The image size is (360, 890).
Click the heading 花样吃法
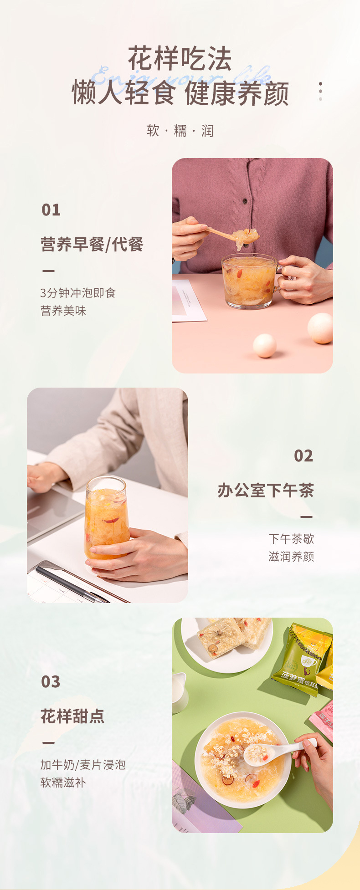(x=180, y=58)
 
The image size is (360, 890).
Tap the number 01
(x=51, y=210)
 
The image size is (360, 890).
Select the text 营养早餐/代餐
(x=92, y=245)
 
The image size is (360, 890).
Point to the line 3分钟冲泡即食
(x=78, y=293)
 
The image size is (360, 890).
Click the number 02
(x=303, y=456)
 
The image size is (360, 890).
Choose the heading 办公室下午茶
(x=266, y=491)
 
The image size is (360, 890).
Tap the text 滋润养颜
(x=291, y=557)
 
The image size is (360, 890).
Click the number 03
(x=51, y=682)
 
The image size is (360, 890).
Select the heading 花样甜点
(x=72, y=716)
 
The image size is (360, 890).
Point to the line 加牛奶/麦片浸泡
(x=82, y=765)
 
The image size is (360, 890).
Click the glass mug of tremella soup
(x=249, y=281)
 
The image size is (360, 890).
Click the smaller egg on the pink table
(x=264, y=345)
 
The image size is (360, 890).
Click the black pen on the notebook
(x=68, y=583)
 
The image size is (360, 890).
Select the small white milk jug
(x=179, y=693)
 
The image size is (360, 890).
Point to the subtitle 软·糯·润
(x=180, y=131)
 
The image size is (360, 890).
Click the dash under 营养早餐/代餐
(x=48, y=271)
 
